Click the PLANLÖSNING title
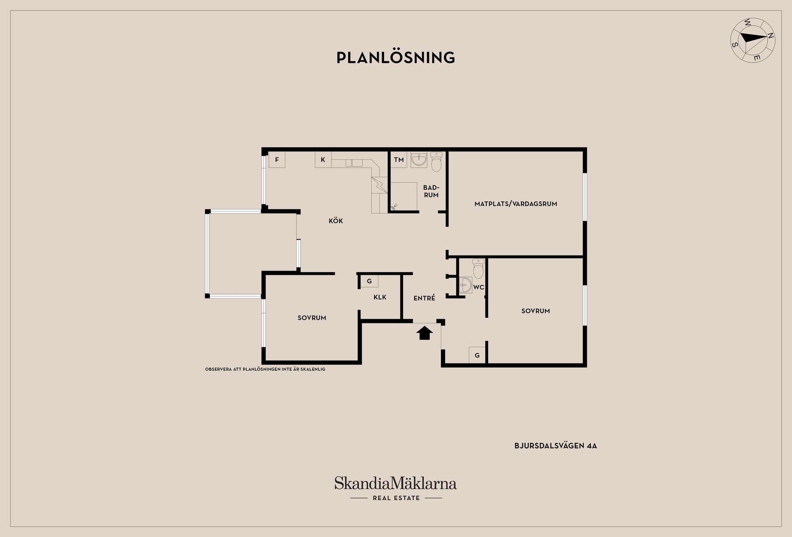click(396, 58)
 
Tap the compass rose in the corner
click(753, 46)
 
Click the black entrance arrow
click(424, 333)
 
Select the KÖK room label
click(336, 221)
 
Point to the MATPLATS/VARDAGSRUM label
click(516, 204)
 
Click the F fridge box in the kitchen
click(277, 160)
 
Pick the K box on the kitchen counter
click(323, 160)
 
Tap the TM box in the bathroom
click(399, 160)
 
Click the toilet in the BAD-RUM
click(436, 162)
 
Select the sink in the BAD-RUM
click(419, 159)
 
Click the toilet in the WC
click(478, 268)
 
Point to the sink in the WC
click(466, 285)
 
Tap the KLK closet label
click(380, 297)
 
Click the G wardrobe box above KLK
click(369, 281)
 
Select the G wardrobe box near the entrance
click(477, 355)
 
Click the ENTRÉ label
click(424, 298)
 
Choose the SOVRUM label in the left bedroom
click(312, 318)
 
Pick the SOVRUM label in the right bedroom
click(535, 311)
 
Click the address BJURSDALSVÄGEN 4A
click(556, 446)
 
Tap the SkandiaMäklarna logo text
click(396, 483)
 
